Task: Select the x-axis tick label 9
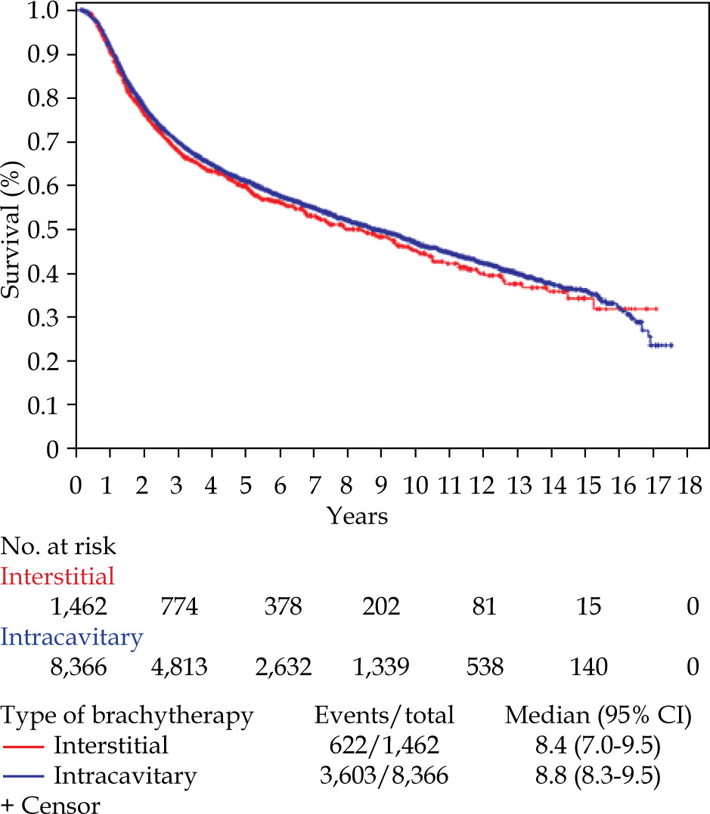381,484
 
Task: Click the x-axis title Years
358,517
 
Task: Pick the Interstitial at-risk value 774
178,607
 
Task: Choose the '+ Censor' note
51,804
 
